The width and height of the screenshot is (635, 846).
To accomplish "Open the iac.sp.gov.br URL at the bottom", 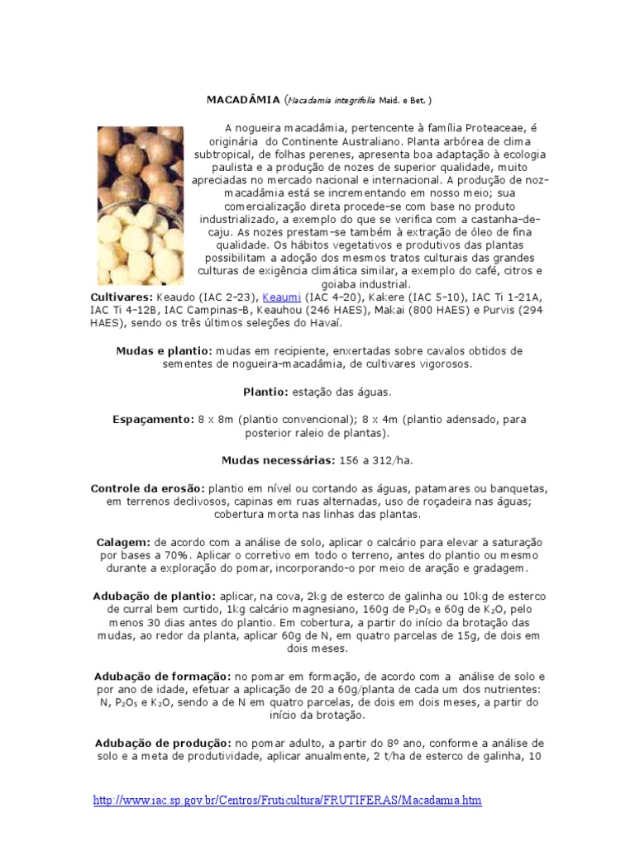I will pos(287,801).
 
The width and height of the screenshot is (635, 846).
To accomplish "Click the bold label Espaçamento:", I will pos(153,419).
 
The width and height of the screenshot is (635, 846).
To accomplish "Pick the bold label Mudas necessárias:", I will pos(277,459).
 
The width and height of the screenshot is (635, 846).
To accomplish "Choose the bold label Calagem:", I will pos(122,541).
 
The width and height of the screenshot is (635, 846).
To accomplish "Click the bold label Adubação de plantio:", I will pos(155,596).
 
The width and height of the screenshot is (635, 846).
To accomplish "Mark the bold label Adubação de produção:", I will pos(163,742).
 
